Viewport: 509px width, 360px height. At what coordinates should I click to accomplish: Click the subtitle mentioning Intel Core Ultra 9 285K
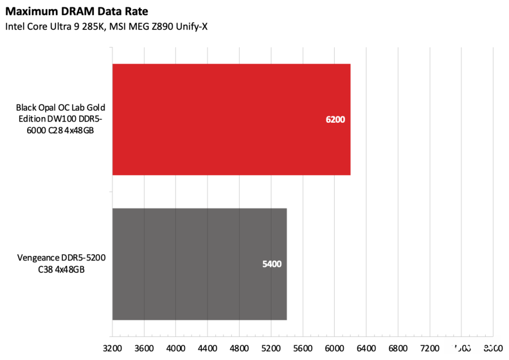pos(106,27)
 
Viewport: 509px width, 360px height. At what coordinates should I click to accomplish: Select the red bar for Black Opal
pos(231,119)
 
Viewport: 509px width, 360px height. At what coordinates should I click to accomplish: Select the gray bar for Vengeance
pos(199,264)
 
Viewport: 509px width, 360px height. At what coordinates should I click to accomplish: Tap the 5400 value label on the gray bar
pos(271,264)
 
